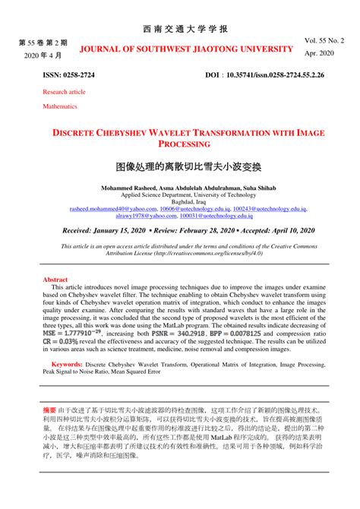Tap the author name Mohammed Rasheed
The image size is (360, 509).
(x=128, y=187)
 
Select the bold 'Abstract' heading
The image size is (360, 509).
(x=56, y=280)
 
